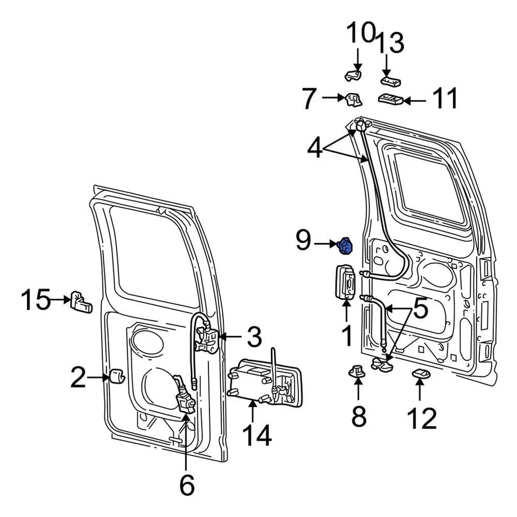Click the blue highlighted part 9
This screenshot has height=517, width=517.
(345, 246)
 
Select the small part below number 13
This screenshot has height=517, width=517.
(390, 81)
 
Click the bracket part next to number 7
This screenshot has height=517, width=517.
(353, 99)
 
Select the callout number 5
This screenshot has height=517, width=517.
(419, 309)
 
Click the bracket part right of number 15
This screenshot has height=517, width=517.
(81, 303)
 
